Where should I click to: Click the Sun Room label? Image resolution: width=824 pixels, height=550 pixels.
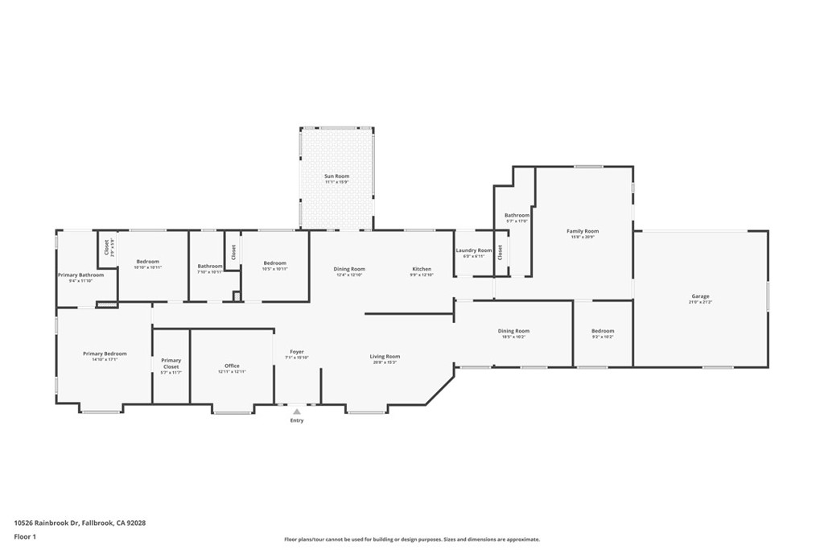336,176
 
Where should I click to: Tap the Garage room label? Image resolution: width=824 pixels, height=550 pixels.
700,296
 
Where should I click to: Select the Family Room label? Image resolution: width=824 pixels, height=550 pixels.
583,231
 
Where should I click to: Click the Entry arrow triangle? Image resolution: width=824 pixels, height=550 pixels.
297,411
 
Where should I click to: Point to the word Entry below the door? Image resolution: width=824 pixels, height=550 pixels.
297,420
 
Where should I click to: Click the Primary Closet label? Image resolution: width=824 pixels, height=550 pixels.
171,363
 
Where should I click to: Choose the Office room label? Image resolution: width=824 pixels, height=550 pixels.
232,366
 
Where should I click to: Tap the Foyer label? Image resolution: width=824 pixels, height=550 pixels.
297,352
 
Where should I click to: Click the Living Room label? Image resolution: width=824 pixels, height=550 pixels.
385,356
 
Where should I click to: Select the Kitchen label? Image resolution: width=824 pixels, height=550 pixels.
422,269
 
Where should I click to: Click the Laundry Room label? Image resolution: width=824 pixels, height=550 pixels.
473,250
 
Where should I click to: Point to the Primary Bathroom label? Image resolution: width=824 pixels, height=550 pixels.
80,275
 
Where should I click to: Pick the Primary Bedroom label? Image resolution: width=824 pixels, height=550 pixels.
105,354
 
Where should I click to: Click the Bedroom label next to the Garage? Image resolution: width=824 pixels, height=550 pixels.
603,331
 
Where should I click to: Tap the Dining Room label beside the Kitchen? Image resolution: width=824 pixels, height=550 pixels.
349,269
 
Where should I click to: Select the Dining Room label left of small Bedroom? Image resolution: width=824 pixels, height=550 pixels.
513,331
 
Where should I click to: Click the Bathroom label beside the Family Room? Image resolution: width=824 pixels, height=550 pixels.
517,215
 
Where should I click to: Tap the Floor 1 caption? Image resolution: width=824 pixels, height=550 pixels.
26,536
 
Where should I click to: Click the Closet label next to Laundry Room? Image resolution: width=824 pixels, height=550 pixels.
500,252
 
